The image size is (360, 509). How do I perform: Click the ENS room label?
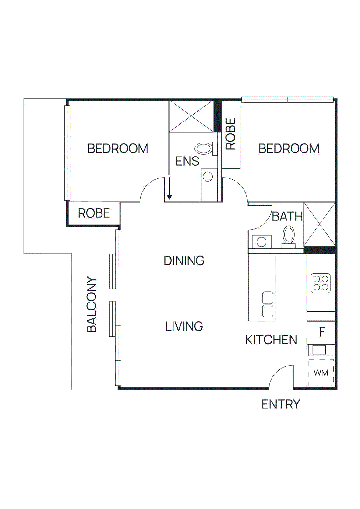187,161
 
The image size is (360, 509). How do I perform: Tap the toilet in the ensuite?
204,148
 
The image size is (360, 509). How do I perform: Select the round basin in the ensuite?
208,177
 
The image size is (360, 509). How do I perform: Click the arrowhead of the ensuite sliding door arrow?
169,197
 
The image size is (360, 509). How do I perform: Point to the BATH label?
287,216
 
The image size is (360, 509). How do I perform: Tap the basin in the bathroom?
262,242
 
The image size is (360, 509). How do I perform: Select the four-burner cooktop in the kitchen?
321,283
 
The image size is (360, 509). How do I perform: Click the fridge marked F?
321,332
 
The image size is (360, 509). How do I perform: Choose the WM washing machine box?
321,373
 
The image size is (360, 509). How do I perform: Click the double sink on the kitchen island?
268,304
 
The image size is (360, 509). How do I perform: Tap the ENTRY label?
280,404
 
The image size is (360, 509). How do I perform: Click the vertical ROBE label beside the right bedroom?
230,134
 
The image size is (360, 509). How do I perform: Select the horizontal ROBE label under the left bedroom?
94,213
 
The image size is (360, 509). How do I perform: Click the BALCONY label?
92,304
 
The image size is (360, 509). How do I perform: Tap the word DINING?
184,261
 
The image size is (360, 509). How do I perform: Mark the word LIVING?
184,326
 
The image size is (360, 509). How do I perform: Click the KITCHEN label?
271,340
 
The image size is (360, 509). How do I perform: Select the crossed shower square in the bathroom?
319,224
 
